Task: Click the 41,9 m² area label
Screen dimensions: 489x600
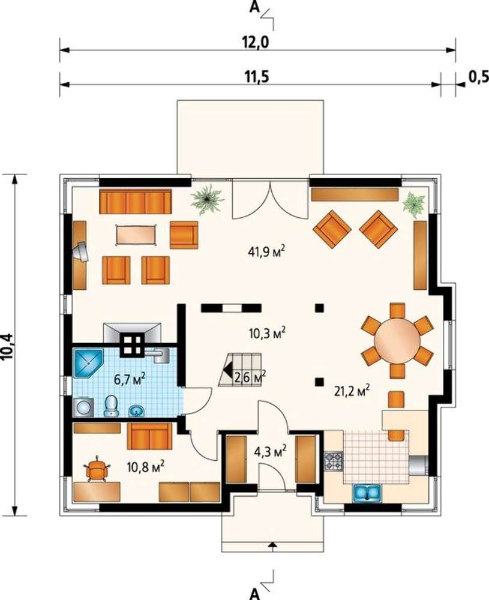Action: [x=266, y=252]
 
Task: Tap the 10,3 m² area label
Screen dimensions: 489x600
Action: [x=268, y=333]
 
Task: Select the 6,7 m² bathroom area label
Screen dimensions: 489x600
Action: [x=130, y=379]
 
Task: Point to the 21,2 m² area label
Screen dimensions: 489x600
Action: [x=352, y=391]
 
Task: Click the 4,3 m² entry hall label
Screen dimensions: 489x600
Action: [x=270, y=452]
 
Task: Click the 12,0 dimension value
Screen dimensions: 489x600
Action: [x=255, y=42]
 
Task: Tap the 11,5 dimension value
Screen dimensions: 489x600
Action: [x=256, y=77]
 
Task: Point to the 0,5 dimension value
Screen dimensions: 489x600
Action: [x=479, y=77]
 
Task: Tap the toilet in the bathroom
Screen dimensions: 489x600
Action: [x=112, y=406]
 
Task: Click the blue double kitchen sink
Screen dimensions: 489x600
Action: [x=367, y=493]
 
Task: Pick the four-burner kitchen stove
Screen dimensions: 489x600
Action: [x=334, y=461]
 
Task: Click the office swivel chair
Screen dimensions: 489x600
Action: [x=97, y=469]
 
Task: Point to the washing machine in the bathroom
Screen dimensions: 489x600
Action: [x=83, y=407]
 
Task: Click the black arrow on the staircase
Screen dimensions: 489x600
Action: [x=227, y=370]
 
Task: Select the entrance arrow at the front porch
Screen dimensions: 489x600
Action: [x=272, y=546]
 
